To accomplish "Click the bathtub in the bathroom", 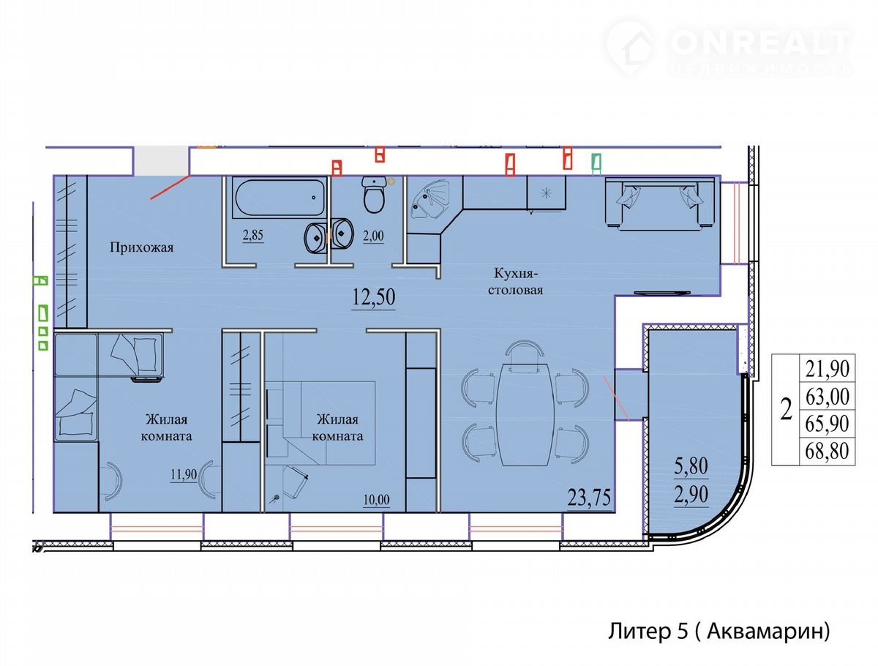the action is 279,198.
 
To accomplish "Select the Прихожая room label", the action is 142,247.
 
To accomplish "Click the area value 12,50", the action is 374,297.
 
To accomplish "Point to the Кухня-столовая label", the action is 515,282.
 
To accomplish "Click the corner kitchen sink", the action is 430,199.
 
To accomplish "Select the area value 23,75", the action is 589,498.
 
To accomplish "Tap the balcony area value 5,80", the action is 691,466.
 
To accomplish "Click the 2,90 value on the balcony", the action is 691,495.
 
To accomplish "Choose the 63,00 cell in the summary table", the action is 828,397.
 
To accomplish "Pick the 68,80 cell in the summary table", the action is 828,451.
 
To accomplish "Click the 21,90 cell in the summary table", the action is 828,368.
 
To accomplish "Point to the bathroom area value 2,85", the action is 253,235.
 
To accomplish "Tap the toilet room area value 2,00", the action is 373,236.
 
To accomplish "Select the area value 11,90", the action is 184,474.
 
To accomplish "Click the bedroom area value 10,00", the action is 376,500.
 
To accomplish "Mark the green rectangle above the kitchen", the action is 596,164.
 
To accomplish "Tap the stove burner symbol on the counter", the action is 546,194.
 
